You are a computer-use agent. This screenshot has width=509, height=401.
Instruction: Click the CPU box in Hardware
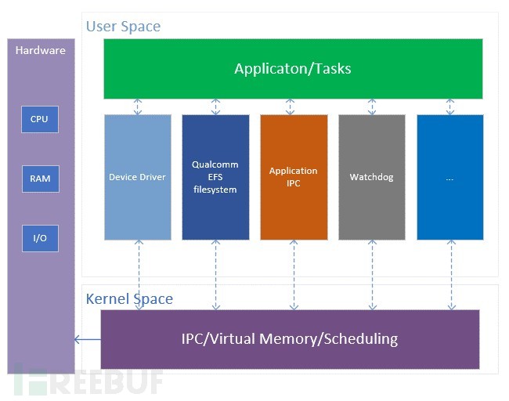[39, 119]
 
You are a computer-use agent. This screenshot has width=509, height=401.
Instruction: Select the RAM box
[39, 179]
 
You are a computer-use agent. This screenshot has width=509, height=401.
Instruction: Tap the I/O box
[39, 238]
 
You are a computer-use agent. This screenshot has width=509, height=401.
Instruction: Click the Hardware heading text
[41, 50]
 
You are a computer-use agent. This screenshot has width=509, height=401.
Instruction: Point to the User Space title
[123, 27]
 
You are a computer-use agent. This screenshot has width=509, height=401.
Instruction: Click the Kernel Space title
[129, 298]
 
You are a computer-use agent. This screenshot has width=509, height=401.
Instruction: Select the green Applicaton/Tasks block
[293, 69]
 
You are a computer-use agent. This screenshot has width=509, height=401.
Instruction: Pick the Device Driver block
[137, 177]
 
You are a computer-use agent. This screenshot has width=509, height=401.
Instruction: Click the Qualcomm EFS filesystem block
[215, 177]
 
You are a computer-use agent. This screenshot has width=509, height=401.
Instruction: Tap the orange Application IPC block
[294, 177]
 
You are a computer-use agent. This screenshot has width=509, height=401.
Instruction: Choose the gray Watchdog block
[371, 177]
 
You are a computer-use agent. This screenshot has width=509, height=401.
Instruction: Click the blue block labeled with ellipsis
[449, 177]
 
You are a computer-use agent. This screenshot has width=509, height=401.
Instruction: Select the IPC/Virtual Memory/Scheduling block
[290, 339]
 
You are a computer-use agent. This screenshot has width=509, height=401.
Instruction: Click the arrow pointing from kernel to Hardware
[87, 339]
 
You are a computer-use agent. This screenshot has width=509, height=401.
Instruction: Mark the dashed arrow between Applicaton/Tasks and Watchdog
[372, 107]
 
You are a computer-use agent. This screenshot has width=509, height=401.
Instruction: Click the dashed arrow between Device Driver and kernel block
[139, 274]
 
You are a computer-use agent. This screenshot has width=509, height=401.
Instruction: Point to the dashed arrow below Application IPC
[294, 274]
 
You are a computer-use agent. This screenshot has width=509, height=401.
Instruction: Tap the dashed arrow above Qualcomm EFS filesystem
[216, 107]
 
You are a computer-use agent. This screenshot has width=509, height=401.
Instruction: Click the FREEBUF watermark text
[94, 381]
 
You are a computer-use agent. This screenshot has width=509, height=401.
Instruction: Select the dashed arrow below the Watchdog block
[372, 274]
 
